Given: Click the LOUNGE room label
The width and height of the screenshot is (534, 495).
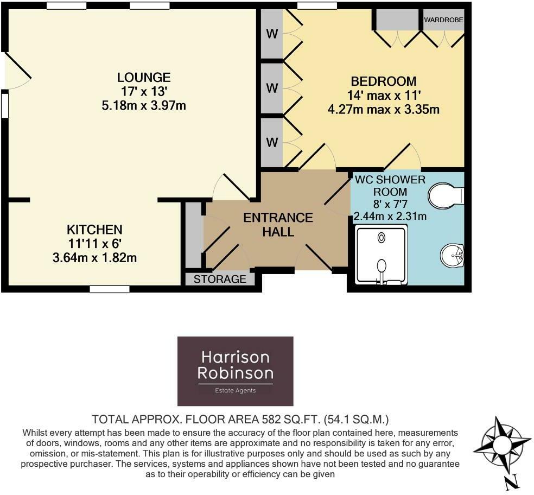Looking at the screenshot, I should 144,78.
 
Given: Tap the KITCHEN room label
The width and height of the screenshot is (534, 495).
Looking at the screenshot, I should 94,230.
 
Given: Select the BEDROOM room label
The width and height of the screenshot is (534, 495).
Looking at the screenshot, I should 383,81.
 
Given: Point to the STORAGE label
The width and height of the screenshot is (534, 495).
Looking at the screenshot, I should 220,280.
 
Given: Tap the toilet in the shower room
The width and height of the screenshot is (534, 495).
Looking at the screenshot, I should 446,195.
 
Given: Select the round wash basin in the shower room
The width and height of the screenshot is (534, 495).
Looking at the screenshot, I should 452,255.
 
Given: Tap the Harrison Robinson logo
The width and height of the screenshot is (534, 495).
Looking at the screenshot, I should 236,371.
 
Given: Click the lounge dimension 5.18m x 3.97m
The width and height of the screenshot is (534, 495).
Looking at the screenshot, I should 144,105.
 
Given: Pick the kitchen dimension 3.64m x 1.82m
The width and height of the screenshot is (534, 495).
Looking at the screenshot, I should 94,258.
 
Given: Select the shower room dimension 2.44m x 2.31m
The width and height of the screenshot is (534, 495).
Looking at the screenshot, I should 390,217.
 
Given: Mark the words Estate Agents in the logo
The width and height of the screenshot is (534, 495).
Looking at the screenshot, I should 236,390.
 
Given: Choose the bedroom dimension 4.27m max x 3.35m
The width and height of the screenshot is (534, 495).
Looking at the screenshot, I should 383,109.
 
